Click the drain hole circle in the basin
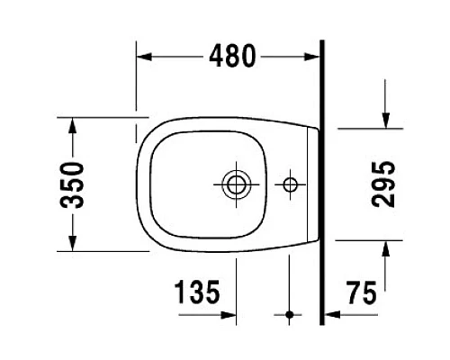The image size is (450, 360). click(x=238, y=185)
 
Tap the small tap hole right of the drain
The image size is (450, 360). click(x=290, y=185)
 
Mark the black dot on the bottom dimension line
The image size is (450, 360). click(x=290, y=315)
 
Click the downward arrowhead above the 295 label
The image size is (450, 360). click(x=384, y=121)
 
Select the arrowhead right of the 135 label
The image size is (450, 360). click(x=230, y=315)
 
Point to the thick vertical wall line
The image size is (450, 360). click(x=322, y=180)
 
